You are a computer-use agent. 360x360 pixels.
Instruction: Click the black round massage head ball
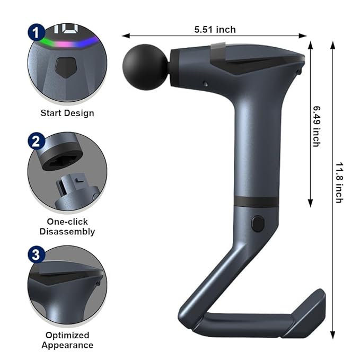pyautogui.click(x=142, y=63)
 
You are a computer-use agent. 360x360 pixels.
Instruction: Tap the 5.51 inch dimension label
pyautogui.click(x=215, y=30)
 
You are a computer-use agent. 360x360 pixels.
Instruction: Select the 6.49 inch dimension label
pyautogui.click(x=317, y=126)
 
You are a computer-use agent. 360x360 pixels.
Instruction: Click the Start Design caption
pyautogui.click(x=67, y=112)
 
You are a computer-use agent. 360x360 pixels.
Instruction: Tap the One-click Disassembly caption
pyautogui.click(x=67, y=226)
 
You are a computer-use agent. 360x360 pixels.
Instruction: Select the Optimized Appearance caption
pyautogui.click(x=67, y=340)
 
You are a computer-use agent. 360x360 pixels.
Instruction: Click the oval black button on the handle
pyautogui.click(x=258, y=223)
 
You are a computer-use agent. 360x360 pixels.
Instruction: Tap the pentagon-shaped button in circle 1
pyautogui.click(x=65, y=67)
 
